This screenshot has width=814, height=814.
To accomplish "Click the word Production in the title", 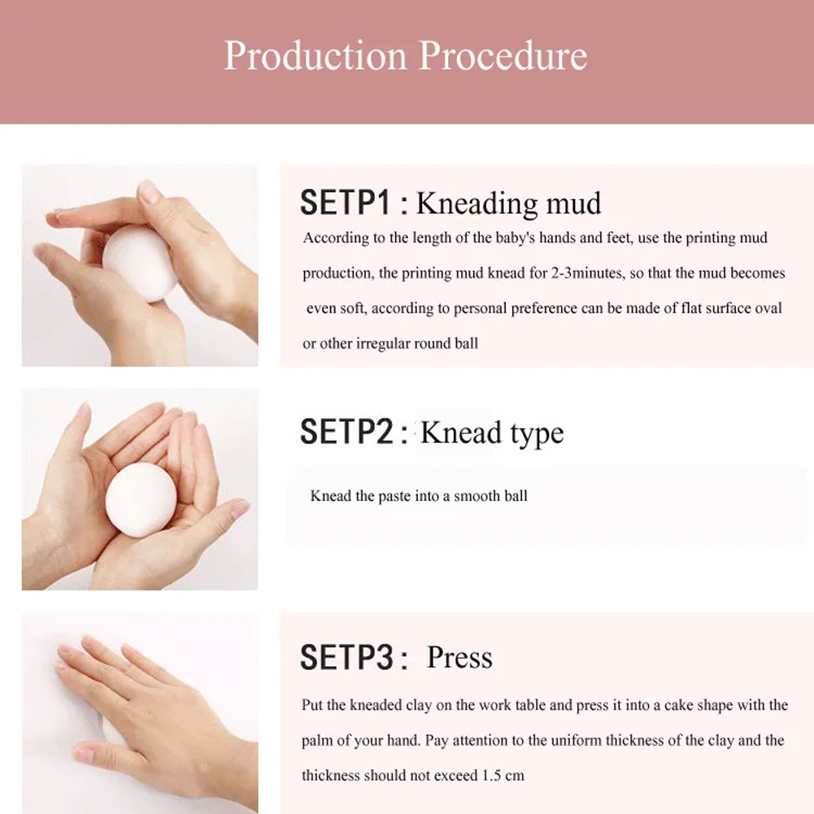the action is click(x=316, y=55).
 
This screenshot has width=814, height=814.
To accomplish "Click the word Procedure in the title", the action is click(x=503, y=55).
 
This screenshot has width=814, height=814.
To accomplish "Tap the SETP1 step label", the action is click(x=345, y=202).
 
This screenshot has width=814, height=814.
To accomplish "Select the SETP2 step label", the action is click(x=346, y=431).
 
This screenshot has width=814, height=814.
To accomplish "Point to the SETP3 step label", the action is click(x=346, y=657).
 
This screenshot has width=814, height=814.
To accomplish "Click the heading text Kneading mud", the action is click(x=509, y=203).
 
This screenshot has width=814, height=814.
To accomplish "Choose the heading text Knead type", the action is click(x=492, y=433).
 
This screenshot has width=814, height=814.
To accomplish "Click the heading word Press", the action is click(x=459, y=657).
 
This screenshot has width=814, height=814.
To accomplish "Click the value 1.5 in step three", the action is click(x=491, y=776).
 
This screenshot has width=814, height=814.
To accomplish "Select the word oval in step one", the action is click(x=768, y=308).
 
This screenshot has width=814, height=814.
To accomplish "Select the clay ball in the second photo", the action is click(x=141, y=500).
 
